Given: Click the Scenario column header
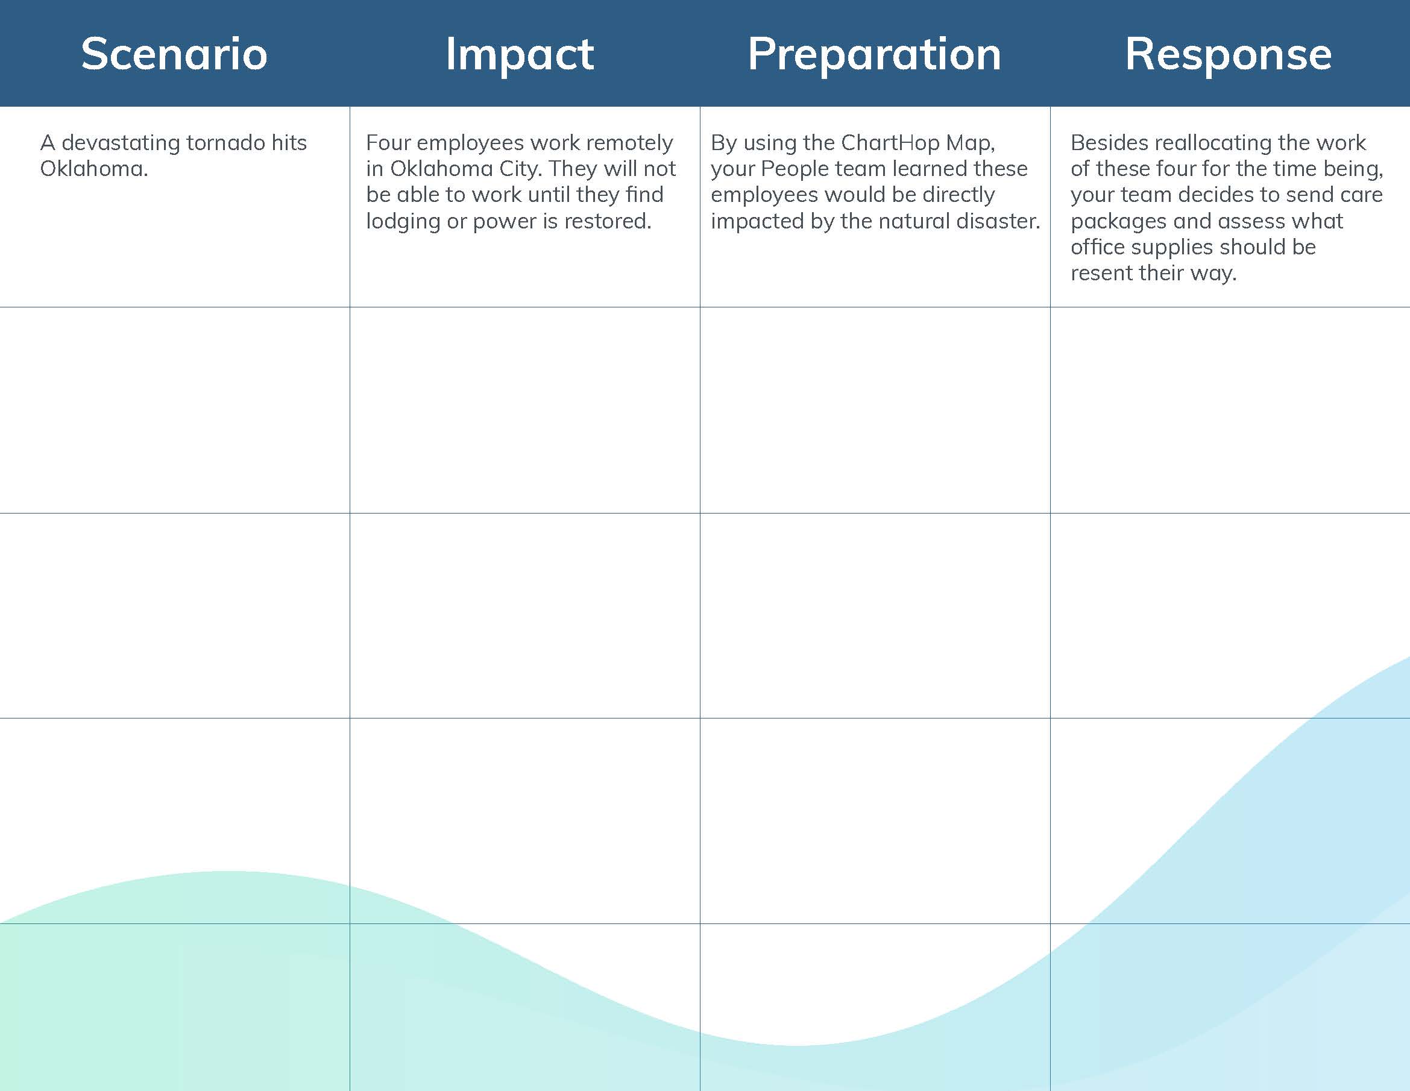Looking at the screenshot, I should click(174, 54).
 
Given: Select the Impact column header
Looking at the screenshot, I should click(520, 54).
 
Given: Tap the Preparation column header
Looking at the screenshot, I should click(874, 54).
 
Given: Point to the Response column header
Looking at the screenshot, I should click(1228, 54).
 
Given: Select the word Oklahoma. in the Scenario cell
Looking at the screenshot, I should click(94, 169).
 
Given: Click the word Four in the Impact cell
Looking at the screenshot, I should click(388, 143).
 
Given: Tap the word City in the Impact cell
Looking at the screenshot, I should click(519, 169).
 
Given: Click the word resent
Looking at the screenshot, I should click(1100, 273).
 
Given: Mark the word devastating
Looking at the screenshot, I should click(120, 143).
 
